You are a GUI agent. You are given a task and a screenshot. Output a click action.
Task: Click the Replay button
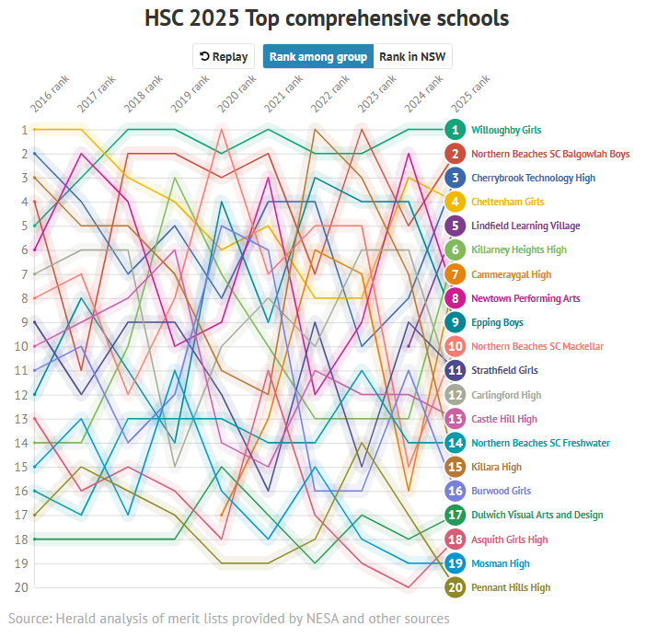click(x=224, y=56)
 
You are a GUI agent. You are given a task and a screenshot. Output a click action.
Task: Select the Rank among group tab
click(x=318, y=56)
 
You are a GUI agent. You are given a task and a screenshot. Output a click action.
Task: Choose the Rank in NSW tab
click(x=412, y=56)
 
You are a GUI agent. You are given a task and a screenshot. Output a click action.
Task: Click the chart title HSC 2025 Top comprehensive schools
click(x=327, y=18)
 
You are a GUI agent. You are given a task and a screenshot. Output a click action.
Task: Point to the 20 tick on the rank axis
click(x=20, y=587)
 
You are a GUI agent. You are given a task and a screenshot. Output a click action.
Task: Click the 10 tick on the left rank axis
click(x=20, y=346)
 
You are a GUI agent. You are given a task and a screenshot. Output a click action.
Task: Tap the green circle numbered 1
click(x=455, y=130)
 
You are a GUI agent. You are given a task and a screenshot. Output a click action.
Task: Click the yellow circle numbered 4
click(x=455, y=202)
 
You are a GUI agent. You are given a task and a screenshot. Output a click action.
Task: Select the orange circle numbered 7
click(x=455, y=274)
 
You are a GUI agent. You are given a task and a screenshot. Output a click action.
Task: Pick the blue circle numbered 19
click(x=455, y=563)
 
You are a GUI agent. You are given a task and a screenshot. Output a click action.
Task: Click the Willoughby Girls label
click(x=506, y=130)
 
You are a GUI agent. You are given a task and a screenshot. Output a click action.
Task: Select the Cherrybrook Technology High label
click(x=533, y=178)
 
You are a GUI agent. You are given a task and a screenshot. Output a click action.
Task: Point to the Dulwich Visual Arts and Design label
click(x=536, y=515)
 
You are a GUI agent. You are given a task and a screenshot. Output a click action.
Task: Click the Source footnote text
click(x=228, y=618)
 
